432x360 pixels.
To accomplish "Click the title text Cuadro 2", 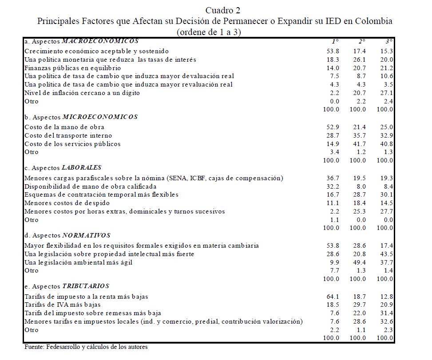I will tap(223, 10).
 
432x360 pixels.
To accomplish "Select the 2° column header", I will tap(362, 41).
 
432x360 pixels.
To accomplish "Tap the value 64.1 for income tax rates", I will tap(333, 296).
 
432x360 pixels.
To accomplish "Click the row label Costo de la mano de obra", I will tap(64, 127).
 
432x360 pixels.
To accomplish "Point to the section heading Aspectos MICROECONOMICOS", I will tap(81, 117).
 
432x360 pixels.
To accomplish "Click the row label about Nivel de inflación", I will tap(82, 93).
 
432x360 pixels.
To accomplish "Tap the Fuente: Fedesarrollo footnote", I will tap(86, 347).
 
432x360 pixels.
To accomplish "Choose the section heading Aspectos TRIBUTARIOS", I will tap(67, 286).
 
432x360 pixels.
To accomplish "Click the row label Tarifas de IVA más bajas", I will tap(62, 305).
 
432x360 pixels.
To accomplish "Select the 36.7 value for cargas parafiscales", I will tap(333, 178).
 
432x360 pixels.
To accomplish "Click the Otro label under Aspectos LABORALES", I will tap(31, 220).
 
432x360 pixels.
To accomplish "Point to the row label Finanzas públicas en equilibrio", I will tap(72, 68).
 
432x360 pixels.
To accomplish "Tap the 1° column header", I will tap(336, 41).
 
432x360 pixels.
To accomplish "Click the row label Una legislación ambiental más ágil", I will tap(79, 262).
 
